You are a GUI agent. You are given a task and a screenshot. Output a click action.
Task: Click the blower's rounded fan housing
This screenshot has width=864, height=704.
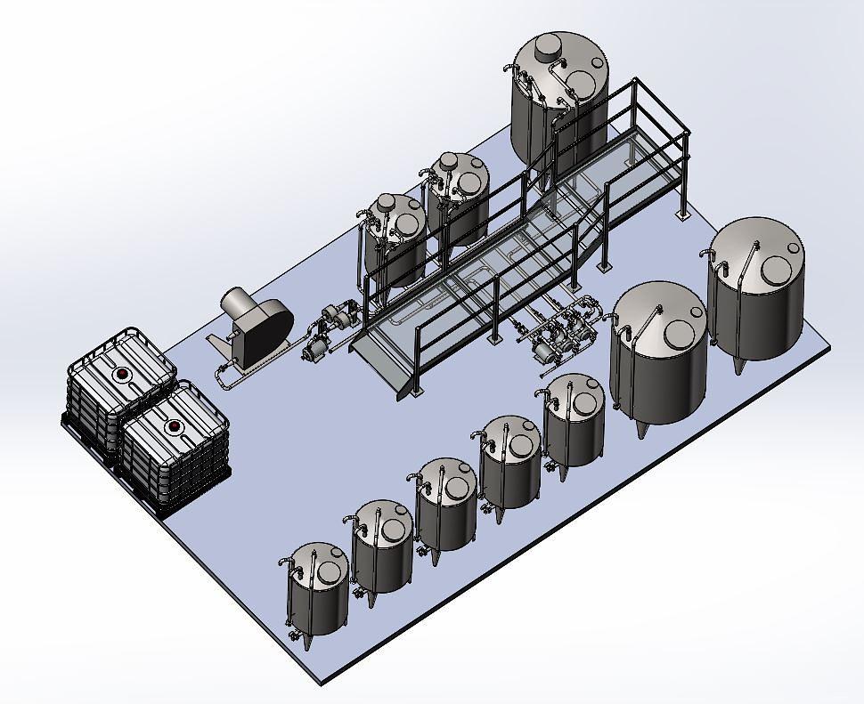click(x=265, y=330)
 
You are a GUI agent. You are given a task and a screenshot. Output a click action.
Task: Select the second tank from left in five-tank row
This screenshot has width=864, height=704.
click(x=383, y=547)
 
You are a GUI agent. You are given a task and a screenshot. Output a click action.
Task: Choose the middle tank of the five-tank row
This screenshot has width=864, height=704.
click(x=446, y=504)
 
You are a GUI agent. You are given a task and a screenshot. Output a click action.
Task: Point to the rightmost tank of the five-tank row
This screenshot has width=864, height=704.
click(x=575, y=420)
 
